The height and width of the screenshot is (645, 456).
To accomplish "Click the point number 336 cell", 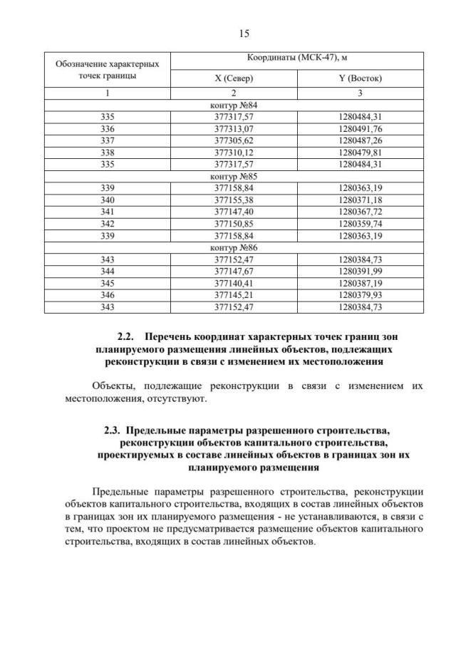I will tap(108, 128).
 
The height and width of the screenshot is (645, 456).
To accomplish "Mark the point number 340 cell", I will tap(108, 200).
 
